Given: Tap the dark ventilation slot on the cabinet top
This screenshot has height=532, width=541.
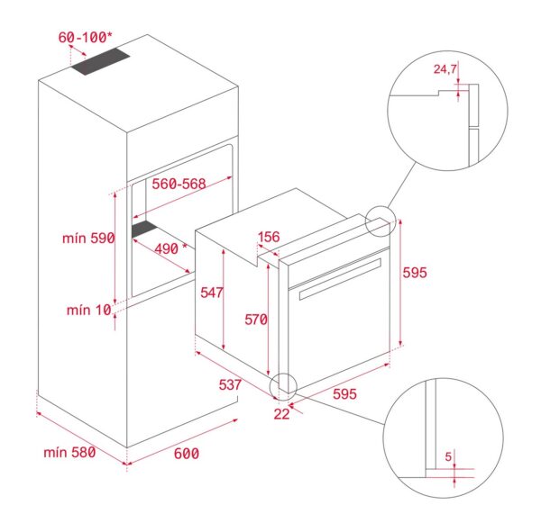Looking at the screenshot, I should click(102, 64).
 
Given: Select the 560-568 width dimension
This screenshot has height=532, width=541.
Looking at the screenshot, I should click(179, 184).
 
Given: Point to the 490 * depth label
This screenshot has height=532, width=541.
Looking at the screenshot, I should click(166, 248).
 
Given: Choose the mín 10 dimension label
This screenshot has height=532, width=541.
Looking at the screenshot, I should click(88, 310).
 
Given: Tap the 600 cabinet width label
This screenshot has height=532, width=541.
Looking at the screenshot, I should click(186, 453).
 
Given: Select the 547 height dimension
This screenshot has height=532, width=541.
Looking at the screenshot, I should click(212, 293).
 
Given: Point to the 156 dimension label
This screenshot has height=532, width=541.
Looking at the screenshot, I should click(269, 237).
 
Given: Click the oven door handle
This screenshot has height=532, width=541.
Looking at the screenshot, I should click(338, 279).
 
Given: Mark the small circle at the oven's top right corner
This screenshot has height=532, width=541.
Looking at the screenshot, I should click(380, 221).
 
